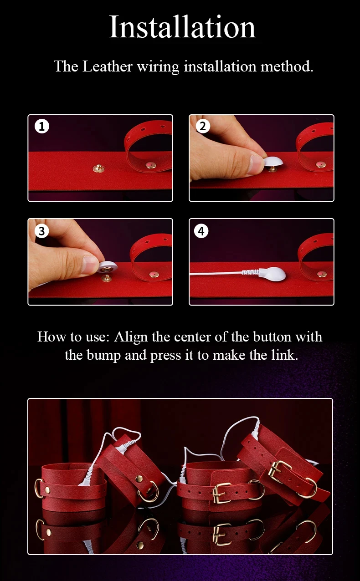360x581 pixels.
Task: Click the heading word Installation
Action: (x=182, y=27)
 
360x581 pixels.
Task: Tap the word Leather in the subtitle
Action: (x=108, y=66)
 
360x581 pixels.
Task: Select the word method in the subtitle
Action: (x=287, y=66)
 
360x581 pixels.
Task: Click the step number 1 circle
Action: (x=42, y=126)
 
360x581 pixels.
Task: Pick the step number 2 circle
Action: (x=203, y=126)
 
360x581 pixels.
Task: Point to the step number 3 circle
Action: (x=42, y=231)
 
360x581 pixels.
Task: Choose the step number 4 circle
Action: (x=201, y=231)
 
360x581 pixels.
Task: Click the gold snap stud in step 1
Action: (x=98, y=168)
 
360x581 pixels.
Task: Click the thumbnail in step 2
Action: (x=255, y=164)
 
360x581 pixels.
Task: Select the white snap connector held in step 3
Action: (x=107, y=267)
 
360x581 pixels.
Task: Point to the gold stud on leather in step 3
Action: (x=107, y=279)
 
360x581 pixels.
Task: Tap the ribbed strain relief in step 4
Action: (x=250, y=272)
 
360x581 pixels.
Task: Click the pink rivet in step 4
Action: (x=322, y=274)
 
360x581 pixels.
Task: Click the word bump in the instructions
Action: (x=104, y=355)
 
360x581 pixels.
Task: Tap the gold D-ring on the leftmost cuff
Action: (x=39, y=488)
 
